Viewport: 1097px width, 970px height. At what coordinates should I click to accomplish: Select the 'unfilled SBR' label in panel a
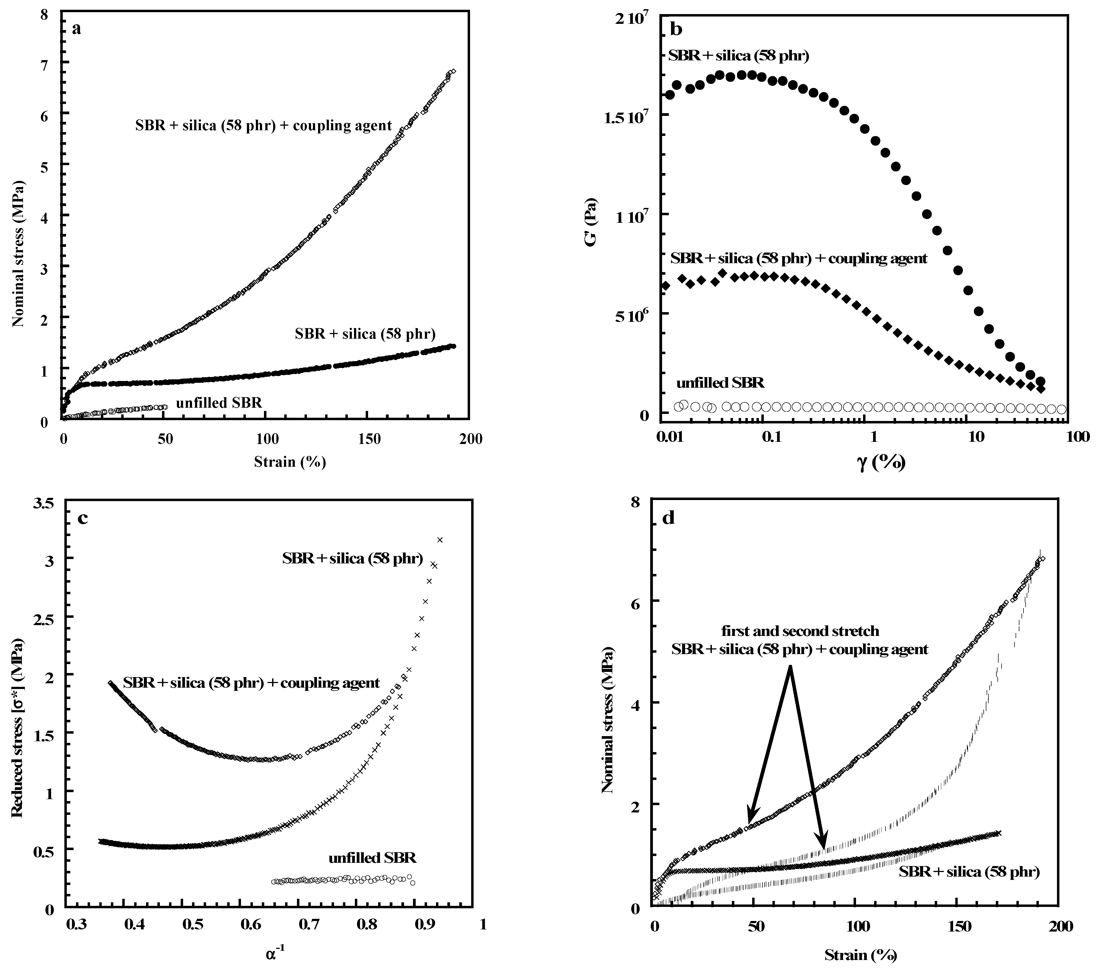[219, 402]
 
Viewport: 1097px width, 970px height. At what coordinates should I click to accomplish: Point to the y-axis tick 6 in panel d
[639, 601]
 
